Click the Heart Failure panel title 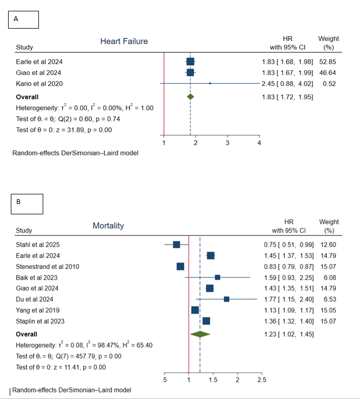(124, 42)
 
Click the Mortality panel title (108, 226)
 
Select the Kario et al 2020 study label (39, 83)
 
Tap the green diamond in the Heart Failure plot (190, 97)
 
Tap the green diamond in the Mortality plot (200, 334)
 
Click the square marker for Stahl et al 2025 (176, 245)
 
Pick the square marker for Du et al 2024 (226, 299)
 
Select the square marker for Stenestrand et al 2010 (181, 266)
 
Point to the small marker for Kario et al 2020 (210, 83)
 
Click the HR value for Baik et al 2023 (288, 278)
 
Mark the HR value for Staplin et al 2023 (288, 321)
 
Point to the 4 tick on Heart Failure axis (259, 143)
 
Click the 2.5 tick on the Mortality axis (261, 381)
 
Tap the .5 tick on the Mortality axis (164, 381)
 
